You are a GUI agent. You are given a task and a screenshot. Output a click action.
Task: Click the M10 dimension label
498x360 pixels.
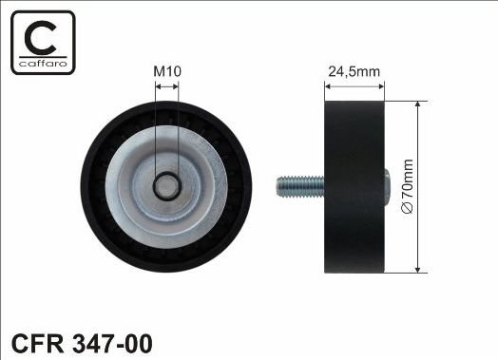coord(167,71)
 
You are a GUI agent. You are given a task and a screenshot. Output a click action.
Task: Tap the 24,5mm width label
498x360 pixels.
coord(354,72)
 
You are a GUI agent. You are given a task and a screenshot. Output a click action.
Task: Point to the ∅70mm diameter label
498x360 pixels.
coord(407,186)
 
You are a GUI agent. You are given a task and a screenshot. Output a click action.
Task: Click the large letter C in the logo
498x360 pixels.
coord(41,37)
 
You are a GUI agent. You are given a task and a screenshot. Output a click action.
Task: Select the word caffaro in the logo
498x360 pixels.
coord(43,64)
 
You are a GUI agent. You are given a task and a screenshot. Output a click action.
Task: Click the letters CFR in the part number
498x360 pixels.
coord(37,343)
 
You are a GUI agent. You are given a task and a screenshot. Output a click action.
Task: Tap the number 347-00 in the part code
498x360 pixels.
coord(113,343)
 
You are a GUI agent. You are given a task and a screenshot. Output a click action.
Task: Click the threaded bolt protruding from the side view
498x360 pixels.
coord(300,186)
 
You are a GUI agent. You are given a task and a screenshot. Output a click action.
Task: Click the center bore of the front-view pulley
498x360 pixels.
coord(167,186)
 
